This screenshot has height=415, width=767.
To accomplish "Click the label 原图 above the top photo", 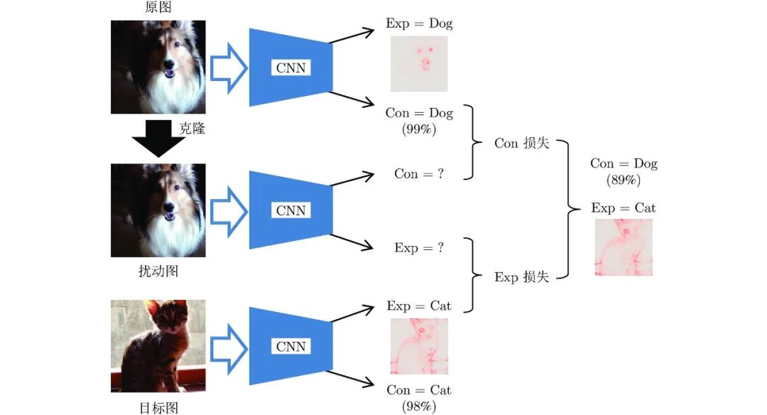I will coord(158,8).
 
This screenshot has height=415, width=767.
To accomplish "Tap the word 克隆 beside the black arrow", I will coord(192,129).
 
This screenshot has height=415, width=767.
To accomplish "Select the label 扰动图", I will coord(158,271).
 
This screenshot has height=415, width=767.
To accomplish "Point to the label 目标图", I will coord(158,407).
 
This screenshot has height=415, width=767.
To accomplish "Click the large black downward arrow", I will coord(158,138).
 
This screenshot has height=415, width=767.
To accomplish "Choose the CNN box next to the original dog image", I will coord(290,68).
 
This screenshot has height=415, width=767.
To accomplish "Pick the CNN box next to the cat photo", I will coord(290,346).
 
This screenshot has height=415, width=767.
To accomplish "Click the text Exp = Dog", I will coord(419,23).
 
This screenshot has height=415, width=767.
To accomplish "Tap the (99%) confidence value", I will coord(419,130).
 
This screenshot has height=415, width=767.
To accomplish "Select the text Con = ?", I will coord(419,174).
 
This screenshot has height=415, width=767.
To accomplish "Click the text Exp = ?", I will coord(419,248).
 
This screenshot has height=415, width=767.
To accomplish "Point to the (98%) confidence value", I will coord(419,406).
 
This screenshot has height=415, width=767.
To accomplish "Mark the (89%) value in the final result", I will coord(624,180).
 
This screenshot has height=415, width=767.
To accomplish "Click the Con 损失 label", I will coord(522,144).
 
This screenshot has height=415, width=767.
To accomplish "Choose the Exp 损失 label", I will coord(522,277).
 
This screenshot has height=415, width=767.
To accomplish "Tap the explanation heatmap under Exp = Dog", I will coord(419,64).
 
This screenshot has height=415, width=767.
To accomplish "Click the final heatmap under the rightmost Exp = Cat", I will coord(623,247).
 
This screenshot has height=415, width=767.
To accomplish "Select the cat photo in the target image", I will coord(158,346).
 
